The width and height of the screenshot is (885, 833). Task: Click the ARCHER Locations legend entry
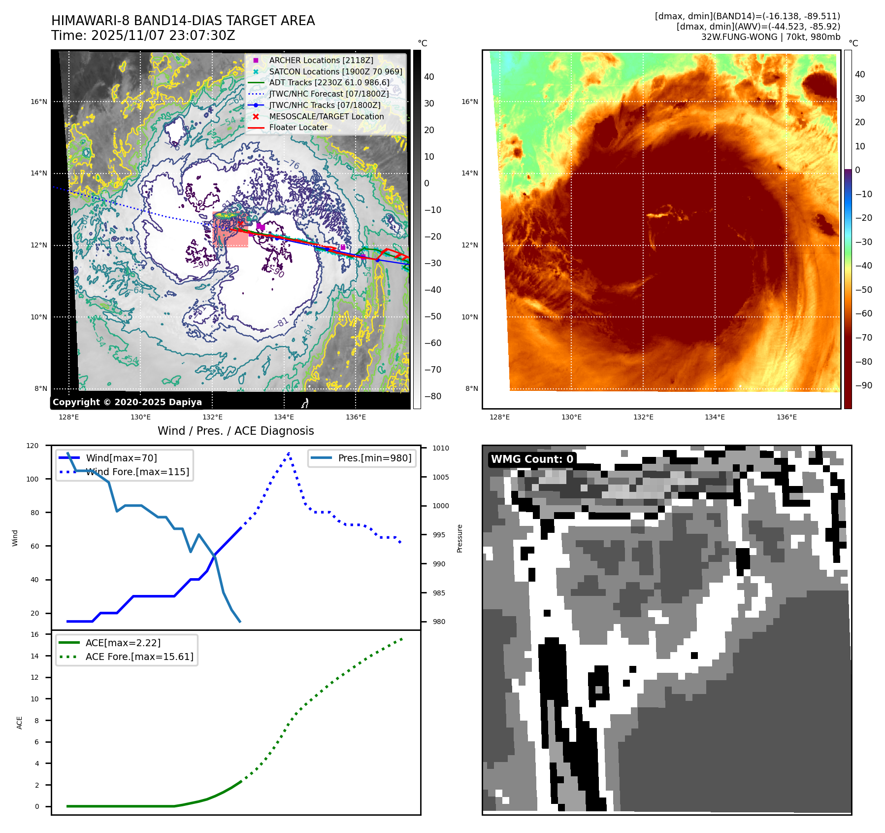pyautogui.click(x=321, y=60)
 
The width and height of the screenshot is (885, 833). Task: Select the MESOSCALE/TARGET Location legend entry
pyautogui.click(x=326, y=116)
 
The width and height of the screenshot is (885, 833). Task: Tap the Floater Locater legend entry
pyautogui.click(x=298, y=127)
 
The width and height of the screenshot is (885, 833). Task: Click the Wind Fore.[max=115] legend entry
pyautogui.click(x=137, y=472)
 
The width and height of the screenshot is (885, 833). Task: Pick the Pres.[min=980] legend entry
pyautogui.click(x=374, y=458)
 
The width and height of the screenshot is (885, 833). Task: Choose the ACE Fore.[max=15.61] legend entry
pyautogui.click(x=139, y=657)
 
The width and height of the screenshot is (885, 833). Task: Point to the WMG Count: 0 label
pyautogui.click(x=532, y=459)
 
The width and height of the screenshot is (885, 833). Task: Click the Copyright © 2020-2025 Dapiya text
pyautogui.click(x=127, y=402)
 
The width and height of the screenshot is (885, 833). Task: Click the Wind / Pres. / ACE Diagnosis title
pyautogui.click(x=235, y=431)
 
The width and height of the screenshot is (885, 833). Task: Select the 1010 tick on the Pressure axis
pyautogui.click(x=441, y=448)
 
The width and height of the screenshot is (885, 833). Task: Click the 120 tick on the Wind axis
pyautogui.click(x=33, y=446)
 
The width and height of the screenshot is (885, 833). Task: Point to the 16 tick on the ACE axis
pyautogui.click(x=34, y=634)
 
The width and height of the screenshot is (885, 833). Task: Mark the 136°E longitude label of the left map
pyautogui.click(x=356, y=417)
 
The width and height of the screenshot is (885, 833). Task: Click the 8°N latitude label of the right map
pyautogui.click(x=471, y=388)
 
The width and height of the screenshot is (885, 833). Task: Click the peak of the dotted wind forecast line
pyautogui.click(x=289, y=452)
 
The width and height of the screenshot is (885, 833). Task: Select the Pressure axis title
pyautogui.click(x=459, y=538)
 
